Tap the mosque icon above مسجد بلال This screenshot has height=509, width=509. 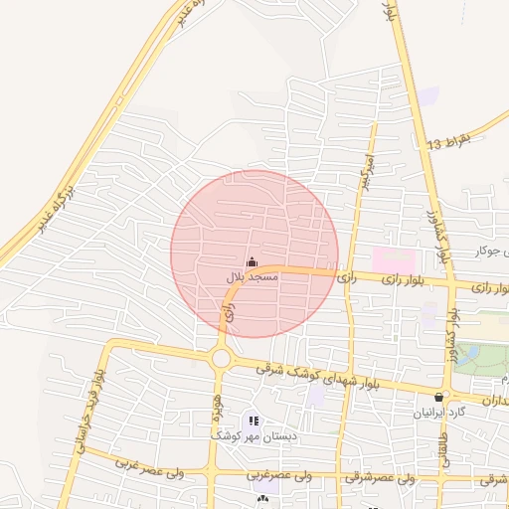click(x=251, y=262)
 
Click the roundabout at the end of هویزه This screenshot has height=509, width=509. click(x=221, y=358)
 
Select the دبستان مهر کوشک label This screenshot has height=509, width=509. click(x=244, y=435)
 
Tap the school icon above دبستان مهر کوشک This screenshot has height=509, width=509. click(x=253, y=422)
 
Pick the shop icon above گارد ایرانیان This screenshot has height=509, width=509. click(x=438, y=397)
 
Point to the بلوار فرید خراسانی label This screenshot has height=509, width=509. click(x=87, y=412)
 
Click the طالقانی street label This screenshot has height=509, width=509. click(x=442, y=442)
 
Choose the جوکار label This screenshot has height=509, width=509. click(x=488, y=250)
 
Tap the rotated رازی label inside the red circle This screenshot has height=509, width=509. click(x=230, y=311)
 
